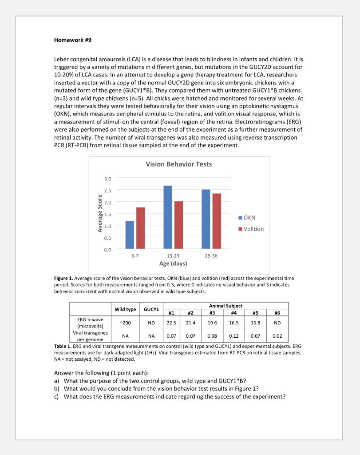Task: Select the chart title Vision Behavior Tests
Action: [178, 164]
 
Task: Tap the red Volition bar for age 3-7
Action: [140, 227]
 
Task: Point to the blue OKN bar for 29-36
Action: [206, 219]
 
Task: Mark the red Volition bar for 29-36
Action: [217, 221]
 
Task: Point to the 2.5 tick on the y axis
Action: [108, 190]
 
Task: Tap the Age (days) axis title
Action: [173, 263]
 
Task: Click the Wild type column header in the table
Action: [125, 309]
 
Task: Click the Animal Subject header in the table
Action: [226, 306]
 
